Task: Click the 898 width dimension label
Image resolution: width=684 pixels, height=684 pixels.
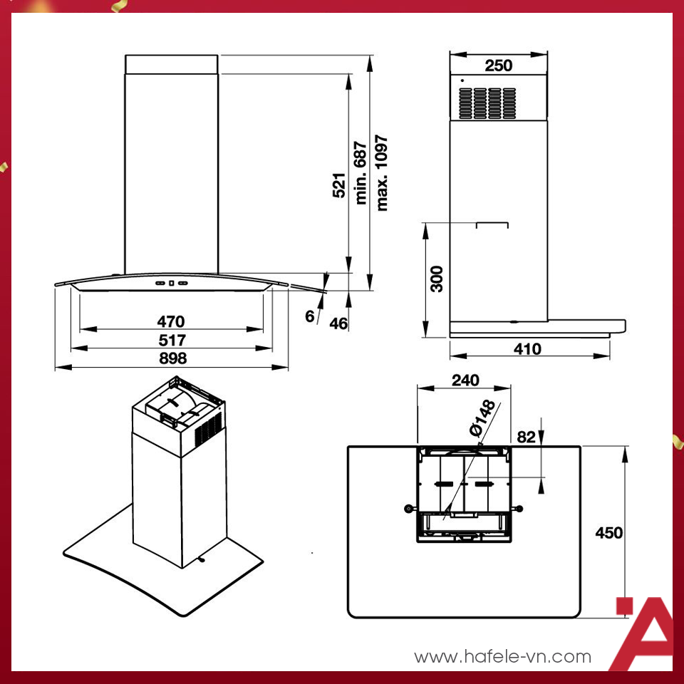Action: pos(172,358)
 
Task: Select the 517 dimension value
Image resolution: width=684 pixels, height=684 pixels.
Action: pos(172,341)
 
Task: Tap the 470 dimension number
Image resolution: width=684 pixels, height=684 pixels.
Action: pos(171,321)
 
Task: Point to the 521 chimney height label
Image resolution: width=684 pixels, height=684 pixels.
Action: pos(339,185)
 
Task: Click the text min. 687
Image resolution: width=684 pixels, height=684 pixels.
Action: pos(361,172)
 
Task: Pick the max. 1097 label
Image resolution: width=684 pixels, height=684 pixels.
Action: pos(381,172)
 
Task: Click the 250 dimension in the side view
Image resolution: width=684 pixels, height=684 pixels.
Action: pos(499,66)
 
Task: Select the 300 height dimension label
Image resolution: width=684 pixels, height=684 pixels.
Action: pos(436,279)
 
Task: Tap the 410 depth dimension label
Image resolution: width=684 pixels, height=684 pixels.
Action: pos(527,349)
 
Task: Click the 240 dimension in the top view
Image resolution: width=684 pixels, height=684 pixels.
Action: pos(465,380)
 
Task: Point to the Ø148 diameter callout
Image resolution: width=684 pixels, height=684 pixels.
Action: pos(482,418)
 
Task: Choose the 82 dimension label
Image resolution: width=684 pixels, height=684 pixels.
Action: pos(526,437)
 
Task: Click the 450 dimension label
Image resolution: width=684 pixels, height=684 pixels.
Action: pos(609,533)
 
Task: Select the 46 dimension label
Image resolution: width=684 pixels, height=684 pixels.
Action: pos(338,323)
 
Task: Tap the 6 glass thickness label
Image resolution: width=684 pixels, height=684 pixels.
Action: pos(310,316)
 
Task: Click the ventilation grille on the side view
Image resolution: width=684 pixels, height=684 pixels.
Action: pos(487,103)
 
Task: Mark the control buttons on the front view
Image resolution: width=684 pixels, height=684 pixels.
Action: pos(172,283)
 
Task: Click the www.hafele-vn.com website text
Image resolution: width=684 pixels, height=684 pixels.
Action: pos(502,656)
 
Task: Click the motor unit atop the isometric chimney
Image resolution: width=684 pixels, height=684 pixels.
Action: pos(179,413)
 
